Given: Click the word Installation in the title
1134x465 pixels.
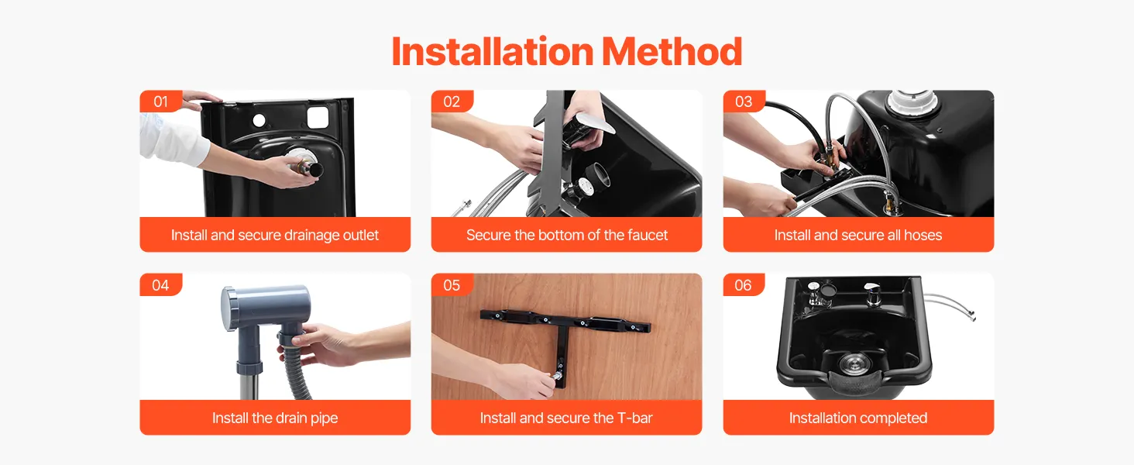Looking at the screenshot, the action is pyautogui.click(x=493, y=52).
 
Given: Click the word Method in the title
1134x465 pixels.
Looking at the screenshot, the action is pyautogui.click(x=672, y=52).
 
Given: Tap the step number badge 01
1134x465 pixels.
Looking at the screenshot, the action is pyautogui.click(x=160, y=102).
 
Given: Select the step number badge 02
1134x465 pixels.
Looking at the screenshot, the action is pyautogui.click(x=452, y=102).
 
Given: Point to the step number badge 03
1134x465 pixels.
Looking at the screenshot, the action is pyautogui.click(x=744, y=102).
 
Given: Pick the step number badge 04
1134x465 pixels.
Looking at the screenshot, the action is pyautogui.click(x=160, y=284).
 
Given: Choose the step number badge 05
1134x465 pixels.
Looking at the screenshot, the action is pyautogui.click(x=452, y=284).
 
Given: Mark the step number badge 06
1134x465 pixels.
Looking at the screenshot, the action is pyautogui.click(x=744, y=284).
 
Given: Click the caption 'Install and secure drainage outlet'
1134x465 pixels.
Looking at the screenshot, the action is pyautogui.click(x=275, y=235).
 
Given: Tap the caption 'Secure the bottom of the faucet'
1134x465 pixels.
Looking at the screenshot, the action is pyautogui.click(x=567, y=235).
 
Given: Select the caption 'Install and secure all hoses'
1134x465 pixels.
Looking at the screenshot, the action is pyautogui.click(x=858, y=235).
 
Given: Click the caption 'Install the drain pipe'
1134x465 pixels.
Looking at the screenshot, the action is pyautogui.click(x=275, y=418).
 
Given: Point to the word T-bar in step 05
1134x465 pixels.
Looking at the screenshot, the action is pyautogui.click(x=635, y=418).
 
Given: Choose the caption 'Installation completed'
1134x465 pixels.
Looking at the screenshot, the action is pyautogui.click(x=858, y=418).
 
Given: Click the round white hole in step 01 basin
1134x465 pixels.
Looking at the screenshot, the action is pyautogui.click(x=259, y=121).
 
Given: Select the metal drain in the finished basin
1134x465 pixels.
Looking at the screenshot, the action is pyautogui.click(x=854, y=363).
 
